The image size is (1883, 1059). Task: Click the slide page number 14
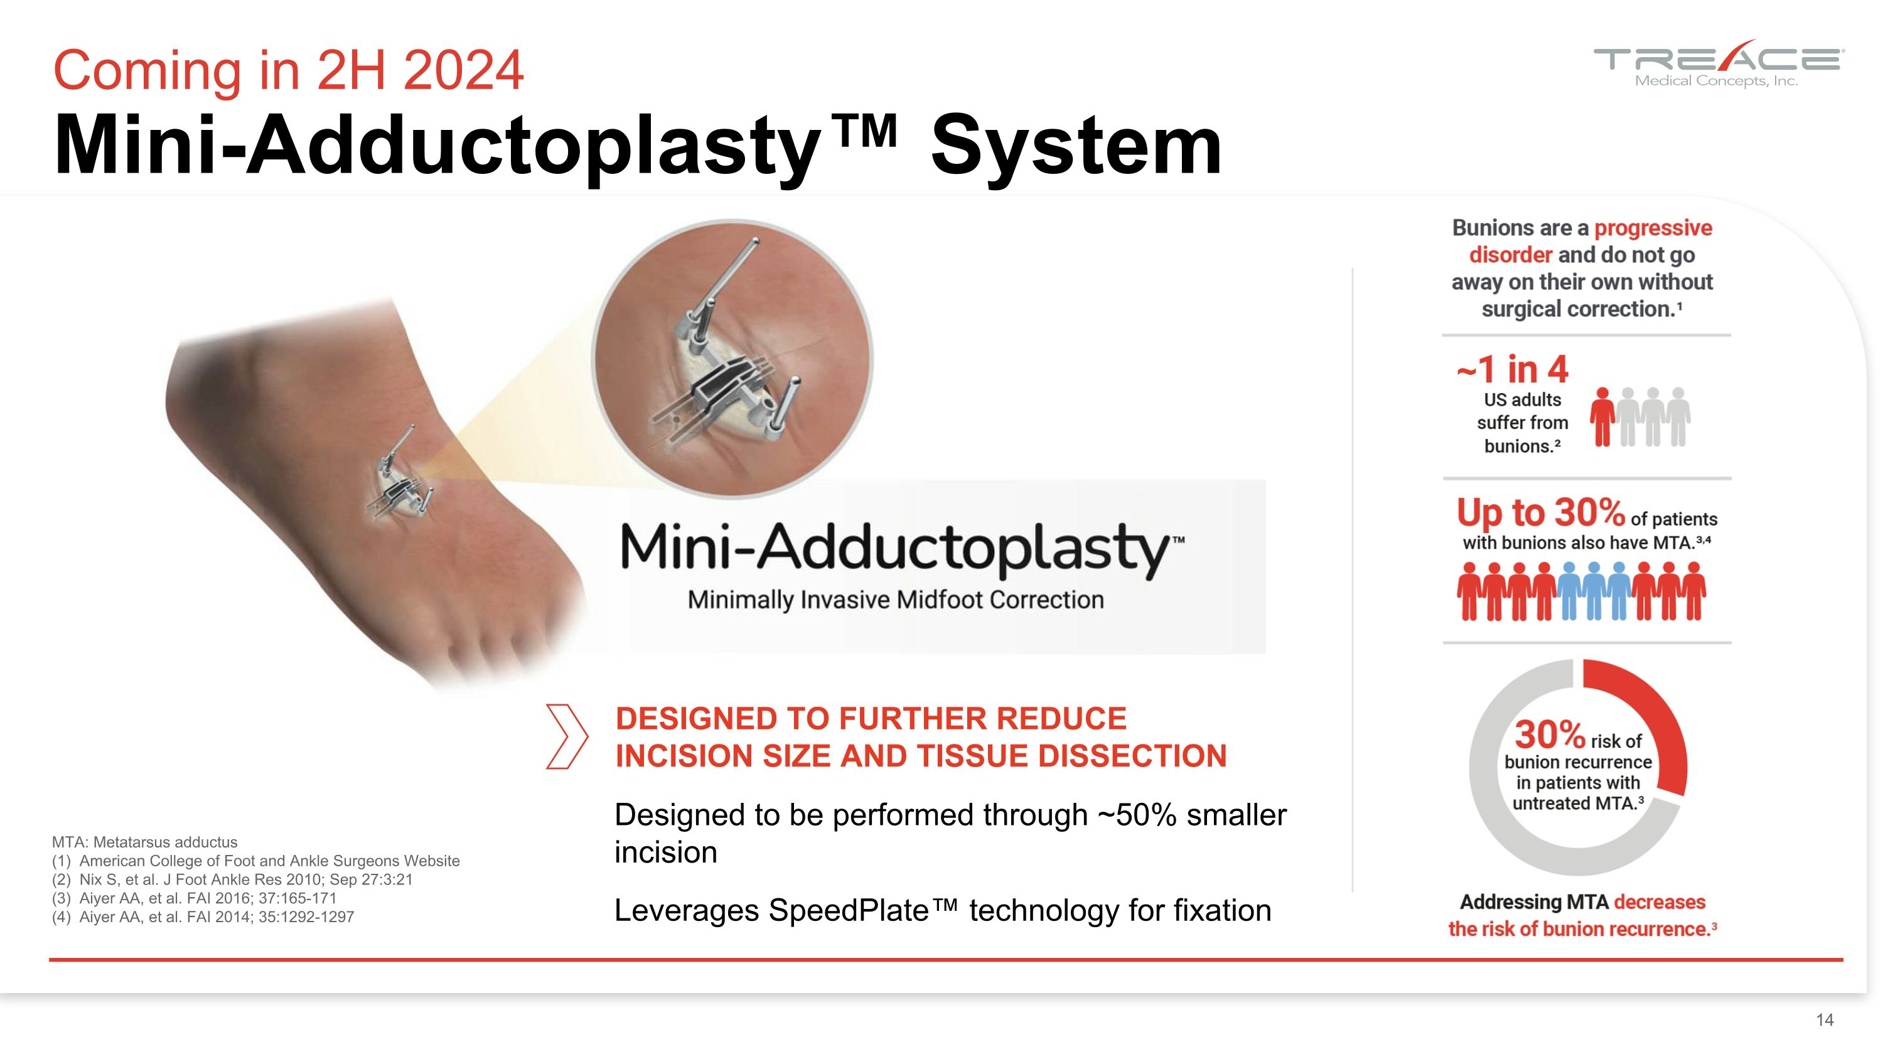tap(1825, 1019)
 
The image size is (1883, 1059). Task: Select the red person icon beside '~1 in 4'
tap(1602, 417)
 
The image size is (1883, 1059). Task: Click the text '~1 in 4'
tap(1511, 370)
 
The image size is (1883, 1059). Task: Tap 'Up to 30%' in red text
tap(1540, 512)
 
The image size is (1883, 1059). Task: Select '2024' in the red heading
tap(463, 70)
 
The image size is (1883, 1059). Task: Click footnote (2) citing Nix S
tap(232, 879)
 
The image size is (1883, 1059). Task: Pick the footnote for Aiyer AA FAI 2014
tap(203, 917)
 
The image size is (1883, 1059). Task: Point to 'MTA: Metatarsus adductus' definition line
tap(145, 842)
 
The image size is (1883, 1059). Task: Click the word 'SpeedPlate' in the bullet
tap(849, 911)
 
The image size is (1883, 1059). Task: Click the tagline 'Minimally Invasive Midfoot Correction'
tap(896, 600)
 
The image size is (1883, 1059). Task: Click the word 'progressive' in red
tap(1653, 228)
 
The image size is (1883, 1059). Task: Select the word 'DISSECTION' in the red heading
tap(1132, 756)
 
